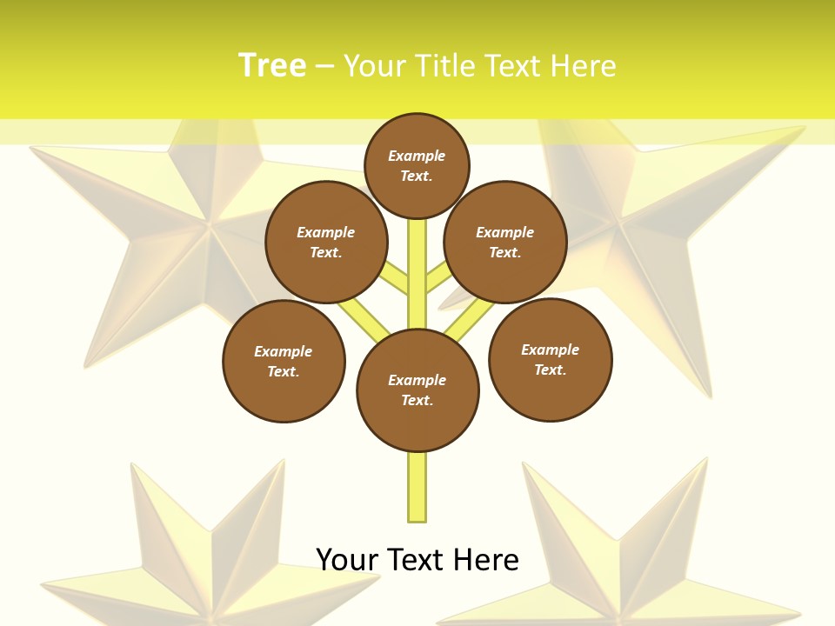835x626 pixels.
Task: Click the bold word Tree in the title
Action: tap(272, 65)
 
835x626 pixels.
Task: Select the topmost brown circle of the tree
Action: tap(417, 164)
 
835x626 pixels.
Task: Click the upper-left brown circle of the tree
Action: tap(326, 242)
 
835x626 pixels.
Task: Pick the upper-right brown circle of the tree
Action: tap(505, 242)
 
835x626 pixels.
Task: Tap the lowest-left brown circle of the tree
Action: tap(284, 361)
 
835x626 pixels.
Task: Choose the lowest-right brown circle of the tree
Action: tap(550, 359)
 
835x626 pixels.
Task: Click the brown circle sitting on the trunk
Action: tap(417, 390)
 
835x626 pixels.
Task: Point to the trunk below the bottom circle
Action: tap(417, 487)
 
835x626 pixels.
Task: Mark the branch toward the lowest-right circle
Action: tap(470, 317)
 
